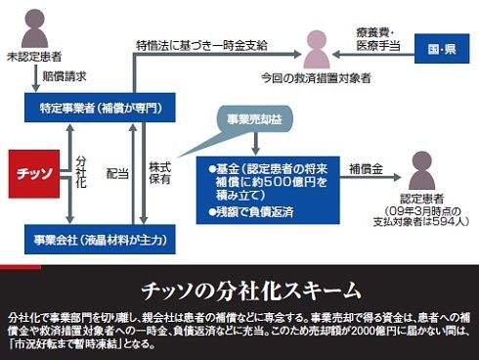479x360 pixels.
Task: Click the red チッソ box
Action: click(x=34, y=174)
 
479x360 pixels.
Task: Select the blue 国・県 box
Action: click(x=442, y=49)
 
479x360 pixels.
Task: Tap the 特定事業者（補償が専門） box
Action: click(x=100, y=108)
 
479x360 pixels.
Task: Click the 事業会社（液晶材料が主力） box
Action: click(x=100, y=240)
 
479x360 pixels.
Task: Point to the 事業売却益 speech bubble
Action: click(x=254, y=119)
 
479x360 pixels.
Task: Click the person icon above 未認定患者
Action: click(x=34, y=28)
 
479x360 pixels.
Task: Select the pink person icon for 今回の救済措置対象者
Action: click(x=317, y=50)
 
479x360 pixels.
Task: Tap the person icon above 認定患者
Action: click(x=422, y=170)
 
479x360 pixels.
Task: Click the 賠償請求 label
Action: click(x=65, y=76)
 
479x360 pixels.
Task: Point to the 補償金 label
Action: click(x=366, y=169)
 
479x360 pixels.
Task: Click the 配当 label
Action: click(x=117, y=174)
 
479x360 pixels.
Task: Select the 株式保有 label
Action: click(x=160, y=173)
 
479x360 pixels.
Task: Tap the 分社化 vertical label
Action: click(x=81, y=171)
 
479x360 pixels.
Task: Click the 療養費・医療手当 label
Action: click(x=378, y=39)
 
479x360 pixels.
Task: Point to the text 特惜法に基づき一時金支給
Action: click(x=201, y=45)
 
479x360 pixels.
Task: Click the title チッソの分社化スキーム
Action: click(x=251, y=291)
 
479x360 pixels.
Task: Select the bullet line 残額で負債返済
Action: click(x=251, y=212)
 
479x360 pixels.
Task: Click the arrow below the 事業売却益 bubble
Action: click(x=256, y=144)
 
